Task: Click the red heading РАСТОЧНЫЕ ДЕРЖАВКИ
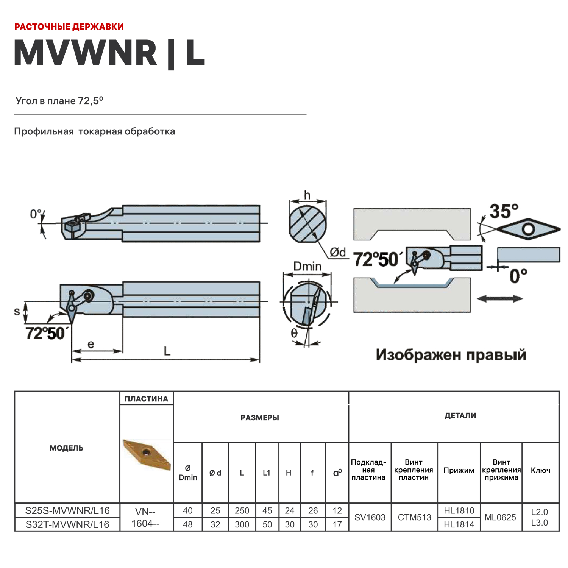(69, 27)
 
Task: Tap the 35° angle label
(504, 211)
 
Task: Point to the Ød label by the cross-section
(338, 252)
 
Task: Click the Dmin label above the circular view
(307, 267)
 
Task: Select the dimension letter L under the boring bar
(167, 351)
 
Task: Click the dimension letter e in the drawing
(91, 344)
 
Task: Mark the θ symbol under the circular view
(294, 333)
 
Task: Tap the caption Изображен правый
(451, 355)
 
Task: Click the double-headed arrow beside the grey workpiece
(499, 299)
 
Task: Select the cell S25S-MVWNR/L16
(67, 510)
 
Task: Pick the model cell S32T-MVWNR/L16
(67, 524)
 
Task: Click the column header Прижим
(459, 470)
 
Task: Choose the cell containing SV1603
(370, 517)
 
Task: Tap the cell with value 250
(242, 510)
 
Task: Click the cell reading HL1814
(459, 524)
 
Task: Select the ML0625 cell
(500, 517)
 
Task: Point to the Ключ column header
(540, 470)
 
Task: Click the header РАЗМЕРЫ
(260, 418)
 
